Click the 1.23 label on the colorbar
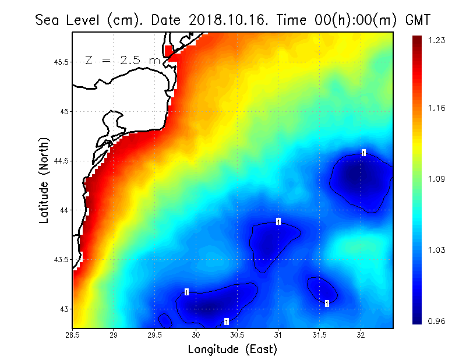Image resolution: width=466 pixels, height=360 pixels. click(x=437, y=40)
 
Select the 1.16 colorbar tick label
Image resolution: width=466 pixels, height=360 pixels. click(x=437, y=108)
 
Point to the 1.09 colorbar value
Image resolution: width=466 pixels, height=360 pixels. click(x=437, y=179)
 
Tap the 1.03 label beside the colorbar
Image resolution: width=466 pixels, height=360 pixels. click(x=437, y=250)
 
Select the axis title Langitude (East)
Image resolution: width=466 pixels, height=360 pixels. click(x=232, y=349)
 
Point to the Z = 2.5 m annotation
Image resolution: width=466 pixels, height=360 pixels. click(x=122, y=60)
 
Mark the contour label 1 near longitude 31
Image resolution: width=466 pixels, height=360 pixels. click(x=278, y=221)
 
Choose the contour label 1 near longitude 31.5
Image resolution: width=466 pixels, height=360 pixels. click(x=327, y=303)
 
